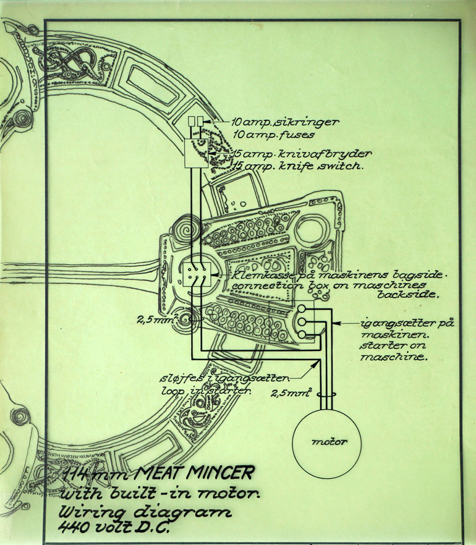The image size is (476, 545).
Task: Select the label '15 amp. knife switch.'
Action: (300, 166)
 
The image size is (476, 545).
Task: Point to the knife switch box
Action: (197, 153)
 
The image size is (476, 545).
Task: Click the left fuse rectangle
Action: (192, 121)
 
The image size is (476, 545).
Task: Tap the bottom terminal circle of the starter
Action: (302, 334)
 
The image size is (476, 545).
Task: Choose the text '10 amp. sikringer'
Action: (285, 122)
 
